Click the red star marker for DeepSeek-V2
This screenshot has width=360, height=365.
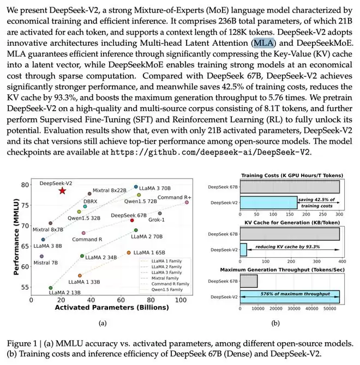tap(62, 191)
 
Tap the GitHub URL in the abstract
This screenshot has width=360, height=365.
tap(210, 151)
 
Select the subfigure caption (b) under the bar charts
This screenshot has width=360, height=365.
tap(275, 324)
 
